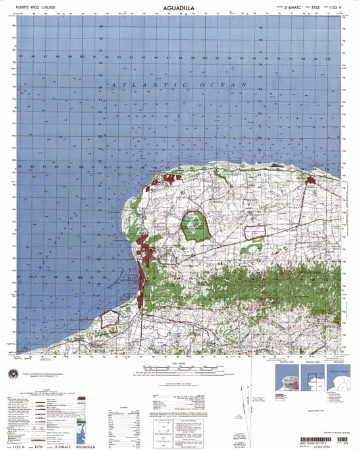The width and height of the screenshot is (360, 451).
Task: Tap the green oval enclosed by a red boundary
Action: point(195,225)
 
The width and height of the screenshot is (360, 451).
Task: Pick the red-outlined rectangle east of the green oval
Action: point(255,232)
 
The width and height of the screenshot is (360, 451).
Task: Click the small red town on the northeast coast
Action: point(310,180)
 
